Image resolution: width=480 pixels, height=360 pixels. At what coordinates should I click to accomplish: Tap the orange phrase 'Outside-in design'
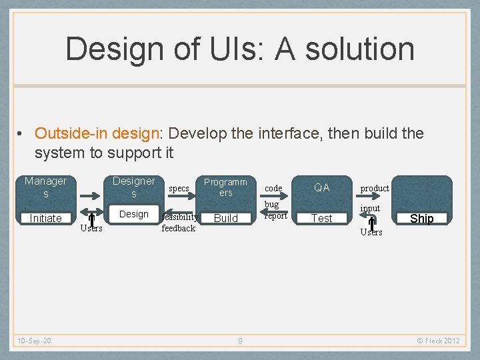coord(97,133)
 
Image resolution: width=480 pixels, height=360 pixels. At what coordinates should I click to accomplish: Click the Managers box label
coord(45,187)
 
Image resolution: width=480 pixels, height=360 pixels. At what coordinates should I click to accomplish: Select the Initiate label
coord(45,218)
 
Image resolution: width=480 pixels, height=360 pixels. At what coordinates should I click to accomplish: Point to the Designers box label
coord(133,187)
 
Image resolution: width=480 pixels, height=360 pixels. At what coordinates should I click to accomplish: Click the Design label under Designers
coord(133,214)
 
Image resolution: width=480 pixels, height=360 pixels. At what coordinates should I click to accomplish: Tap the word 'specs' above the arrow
coord(179,189)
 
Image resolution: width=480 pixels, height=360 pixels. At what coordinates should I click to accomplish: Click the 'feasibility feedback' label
coord(179,223)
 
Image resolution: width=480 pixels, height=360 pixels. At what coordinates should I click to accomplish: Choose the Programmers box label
coord(225,187)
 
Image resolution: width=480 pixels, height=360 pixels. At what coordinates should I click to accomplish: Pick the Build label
coord(225,218)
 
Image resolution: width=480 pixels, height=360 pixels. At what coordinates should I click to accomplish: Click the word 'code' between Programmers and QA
coord(273,189)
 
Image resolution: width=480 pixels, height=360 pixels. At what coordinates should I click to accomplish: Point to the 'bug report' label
coord(275,210)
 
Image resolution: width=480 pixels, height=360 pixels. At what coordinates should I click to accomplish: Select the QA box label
coord(322,187)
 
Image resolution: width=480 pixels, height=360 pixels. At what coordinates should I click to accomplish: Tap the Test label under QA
coord(322,218)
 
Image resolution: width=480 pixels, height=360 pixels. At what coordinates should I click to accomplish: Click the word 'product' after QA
coord(375,189)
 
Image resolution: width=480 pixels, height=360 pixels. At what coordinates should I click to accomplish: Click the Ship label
coord(421,219)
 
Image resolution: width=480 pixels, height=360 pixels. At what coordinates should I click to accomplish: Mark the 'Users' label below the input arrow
coord(371,232)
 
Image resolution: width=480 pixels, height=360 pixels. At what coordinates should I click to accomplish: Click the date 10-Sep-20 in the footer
coord(34,341)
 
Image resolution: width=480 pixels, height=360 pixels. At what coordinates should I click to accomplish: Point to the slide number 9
coord(240,341)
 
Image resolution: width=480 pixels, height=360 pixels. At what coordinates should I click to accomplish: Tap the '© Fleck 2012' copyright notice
coord(438,341)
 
